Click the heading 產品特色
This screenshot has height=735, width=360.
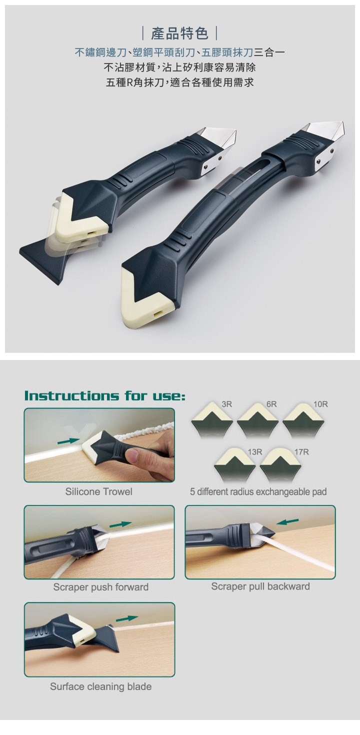pos(179,33)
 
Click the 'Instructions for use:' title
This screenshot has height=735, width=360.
pos(105,395)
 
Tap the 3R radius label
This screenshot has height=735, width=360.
pos(227,404)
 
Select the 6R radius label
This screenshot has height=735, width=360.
pos(271,404)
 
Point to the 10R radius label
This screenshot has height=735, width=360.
pos(320,404)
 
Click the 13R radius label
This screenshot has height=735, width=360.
pos(255,452)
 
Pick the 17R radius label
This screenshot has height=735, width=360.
pos(301,452)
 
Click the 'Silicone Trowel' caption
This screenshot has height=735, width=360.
pos(99,491)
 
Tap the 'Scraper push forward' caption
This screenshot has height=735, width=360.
pos(100,587)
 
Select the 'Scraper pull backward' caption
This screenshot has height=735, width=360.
pos(260,586)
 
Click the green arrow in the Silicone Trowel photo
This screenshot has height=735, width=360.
pos(68,441)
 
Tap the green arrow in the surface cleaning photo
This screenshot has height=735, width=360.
pos(126,618)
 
